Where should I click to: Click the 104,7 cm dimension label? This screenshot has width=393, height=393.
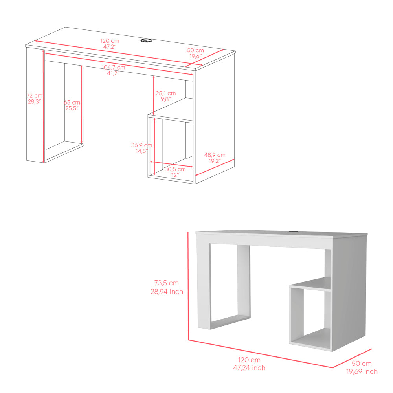coord(113,67)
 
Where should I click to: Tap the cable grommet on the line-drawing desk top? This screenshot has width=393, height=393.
coord(147,40)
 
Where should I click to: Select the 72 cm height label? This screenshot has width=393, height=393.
coord(35,95)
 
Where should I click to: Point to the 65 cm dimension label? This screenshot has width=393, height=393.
coord(72,102)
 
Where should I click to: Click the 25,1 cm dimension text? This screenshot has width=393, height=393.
coord(165,94)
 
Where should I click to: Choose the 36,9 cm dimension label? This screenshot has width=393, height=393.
coord(141,145)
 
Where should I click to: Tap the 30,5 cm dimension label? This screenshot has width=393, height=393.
coord(175,169)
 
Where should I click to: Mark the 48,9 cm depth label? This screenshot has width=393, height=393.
coord(215,155)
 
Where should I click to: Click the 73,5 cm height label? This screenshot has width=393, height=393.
coord(166,283)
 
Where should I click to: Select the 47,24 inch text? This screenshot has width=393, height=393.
coord(249,368)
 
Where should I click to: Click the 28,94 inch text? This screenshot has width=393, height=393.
coord(167,292)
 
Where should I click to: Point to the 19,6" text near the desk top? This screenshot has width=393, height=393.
coord(195,56)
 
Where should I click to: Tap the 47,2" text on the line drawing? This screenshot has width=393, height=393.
coord(109,47)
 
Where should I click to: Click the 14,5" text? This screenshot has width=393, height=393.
coord(141,151)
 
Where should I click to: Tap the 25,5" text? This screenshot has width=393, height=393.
coord(72,108)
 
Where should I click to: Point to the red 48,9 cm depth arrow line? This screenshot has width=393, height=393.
coord(215,167)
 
